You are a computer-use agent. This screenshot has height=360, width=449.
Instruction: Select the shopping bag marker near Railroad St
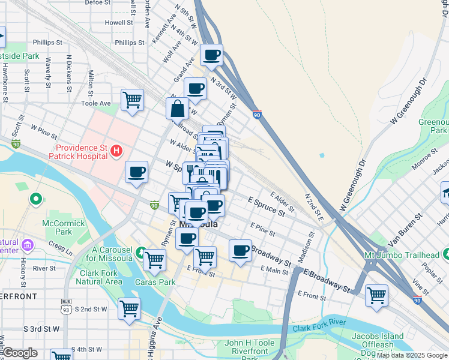click(178, 109)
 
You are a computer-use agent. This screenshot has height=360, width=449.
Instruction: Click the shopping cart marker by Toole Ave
click(132, 100)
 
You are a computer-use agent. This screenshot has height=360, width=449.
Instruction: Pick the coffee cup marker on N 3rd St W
click(211, 56)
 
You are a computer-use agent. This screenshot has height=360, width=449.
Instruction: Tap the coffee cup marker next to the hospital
click(137, 172)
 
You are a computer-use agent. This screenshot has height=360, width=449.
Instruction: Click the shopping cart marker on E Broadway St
click(376, 295)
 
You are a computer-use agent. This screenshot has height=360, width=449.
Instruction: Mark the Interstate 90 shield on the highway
click(257, 115)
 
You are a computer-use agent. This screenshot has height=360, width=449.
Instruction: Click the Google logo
click(20, 353)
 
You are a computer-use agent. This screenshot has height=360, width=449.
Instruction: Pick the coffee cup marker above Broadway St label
click(240, 251)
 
